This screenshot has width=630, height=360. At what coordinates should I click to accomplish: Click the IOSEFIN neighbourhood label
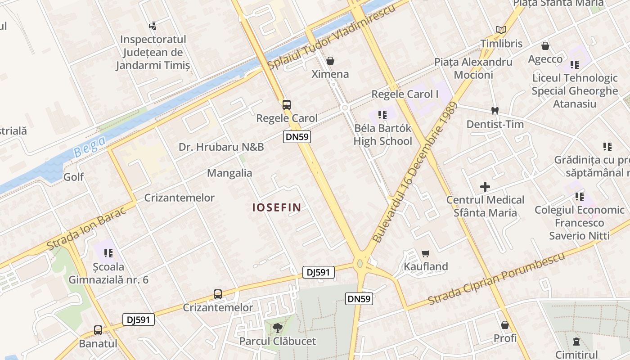pyautogui.click(x=276, y=207)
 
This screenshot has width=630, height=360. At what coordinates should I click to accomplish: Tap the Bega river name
pyautogui.click(x=90, y=146)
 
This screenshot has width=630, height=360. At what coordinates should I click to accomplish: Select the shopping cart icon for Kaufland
pyautogui.click(x=426, y=254)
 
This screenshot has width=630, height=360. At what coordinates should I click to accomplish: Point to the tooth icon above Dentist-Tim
pyautogui.click(x=495, y=111)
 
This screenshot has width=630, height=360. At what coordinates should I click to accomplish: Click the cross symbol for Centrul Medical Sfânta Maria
pyautogui.click(x=485, y=186)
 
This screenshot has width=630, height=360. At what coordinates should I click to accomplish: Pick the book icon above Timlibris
pyautogui.click(x=501, y=30)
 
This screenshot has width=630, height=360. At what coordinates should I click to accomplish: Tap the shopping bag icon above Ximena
pyautogui.click(x=330, y=60)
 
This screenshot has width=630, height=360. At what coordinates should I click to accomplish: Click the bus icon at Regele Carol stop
pyautogui.click(x=287, y=105)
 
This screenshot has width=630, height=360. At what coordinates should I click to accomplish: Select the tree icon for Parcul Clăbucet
pyautogui.click(x=277, y=327)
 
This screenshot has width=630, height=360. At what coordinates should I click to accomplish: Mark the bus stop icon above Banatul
pyautogui.click(x=98, y=330)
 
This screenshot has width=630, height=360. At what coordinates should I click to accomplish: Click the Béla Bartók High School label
pyautogui.click(x=382, y=135)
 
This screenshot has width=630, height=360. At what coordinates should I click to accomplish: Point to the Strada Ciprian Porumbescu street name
pyautogui.click(x=496, y=279)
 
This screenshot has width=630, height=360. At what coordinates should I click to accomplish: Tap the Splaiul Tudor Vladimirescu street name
pyautogui.click(x=331, y=37)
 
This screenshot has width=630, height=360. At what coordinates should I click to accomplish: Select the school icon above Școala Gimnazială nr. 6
pyautogui.click(x=108, y=253)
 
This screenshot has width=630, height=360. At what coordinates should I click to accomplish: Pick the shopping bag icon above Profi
pyautogui.click(x=505, y=325)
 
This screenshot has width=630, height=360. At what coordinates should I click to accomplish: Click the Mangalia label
pyautogui.click(x=229, y=173)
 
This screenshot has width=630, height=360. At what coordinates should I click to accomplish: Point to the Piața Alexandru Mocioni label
pyautogui.click(x=473, y=68)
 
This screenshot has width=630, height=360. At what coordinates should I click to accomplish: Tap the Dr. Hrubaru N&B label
pyautogui.click(x=221, y=147)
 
